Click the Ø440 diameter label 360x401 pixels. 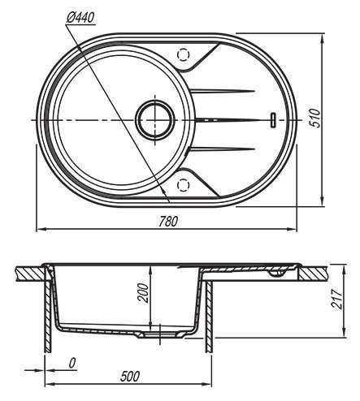tap(80, 18)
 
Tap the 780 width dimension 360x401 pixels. tap(168, 222)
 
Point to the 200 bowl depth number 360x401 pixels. tap(143, 293)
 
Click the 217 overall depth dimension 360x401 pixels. tap(337, 299)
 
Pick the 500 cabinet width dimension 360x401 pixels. tap(130, 377)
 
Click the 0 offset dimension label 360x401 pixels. tap(72, 363)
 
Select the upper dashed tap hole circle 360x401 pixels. tap(183, 54)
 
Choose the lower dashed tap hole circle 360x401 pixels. tap(183, 184)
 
